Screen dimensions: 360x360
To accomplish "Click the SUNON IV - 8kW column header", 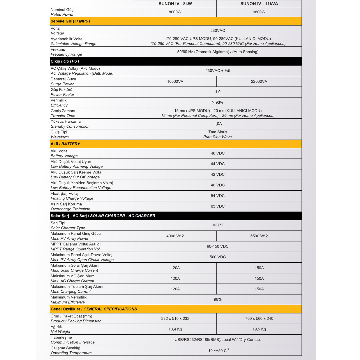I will [175, 4].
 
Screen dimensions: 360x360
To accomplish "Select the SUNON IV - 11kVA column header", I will [259, 4].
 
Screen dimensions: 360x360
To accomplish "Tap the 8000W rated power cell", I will [175, 12].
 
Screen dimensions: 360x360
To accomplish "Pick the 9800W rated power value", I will [259, 12].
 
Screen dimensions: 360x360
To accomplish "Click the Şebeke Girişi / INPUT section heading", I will [71, 21].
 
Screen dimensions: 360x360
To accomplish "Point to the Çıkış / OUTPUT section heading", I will [65, 61].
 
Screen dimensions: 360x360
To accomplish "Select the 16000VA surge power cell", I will [175, 81].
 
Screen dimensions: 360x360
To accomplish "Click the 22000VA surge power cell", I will [259, 81].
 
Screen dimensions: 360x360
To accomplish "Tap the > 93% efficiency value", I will [218, 103].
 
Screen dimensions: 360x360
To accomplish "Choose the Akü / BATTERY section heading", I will [65, 144].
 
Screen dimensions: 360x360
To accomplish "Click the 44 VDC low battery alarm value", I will [218, 164].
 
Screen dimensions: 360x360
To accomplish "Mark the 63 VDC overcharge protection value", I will [218, 206].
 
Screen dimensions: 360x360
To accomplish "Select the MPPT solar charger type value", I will [218, 225].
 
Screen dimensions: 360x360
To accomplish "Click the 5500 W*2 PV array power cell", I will [259, 236].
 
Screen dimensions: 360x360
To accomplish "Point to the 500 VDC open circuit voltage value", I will [218, 257].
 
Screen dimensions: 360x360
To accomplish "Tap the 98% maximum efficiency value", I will [218, 300].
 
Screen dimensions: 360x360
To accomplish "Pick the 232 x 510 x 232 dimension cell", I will [175, 319].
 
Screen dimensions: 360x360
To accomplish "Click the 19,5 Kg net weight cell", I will [259, 329].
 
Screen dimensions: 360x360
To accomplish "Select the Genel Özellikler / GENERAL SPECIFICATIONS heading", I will [94, 309].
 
